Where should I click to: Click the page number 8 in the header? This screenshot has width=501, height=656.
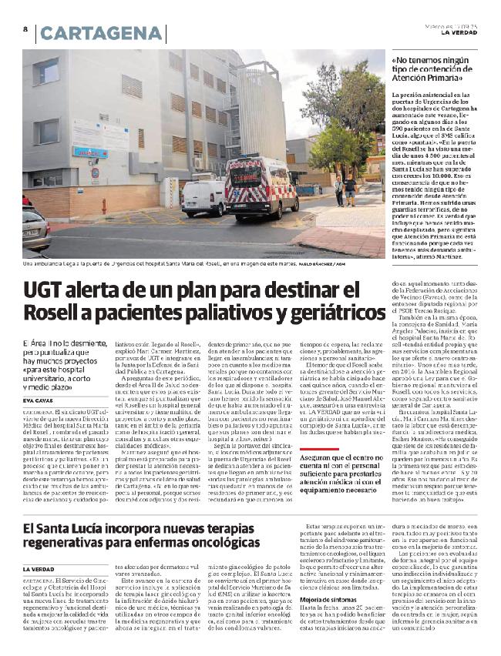coord(25,29)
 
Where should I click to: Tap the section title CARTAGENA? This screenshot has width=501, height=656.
coord(103,34)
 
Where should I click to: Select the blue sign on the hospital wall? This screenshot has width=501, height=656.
coord(90,152)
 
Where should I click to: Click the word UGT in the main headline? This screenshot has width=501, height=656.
coord(48,292)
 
